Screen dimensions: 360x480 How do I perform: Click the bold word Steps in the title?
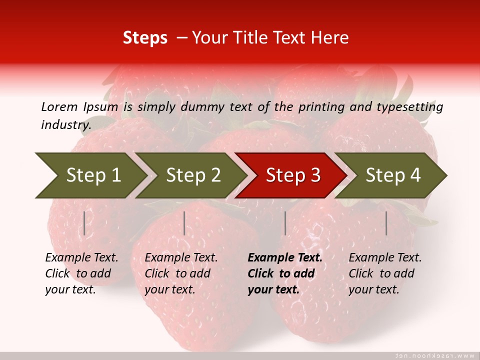[145, 38]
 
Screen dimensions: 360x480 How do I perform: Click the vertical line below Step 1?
[84, 223]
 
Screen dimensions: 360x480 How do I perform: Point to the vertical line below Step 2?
[184, 223]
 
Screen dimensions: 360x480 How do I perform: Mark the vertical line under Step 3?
[285, 223]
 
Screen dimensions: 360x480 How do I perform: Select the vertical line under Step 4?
[386, 223]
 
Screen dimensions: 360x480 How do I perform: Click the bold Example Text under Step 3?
[285, 258]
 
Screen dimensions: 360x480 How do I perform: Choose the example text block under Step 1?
[81, 273]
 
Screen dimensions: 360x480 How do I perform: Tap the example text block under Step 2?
[181, 273]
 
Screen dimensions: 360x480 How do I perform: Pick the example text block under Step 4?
[385, 273]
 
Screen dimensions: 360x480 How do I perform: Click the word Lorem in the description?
[59, 106]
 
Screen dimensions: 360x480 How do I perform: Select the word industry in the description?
[65, 124]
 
